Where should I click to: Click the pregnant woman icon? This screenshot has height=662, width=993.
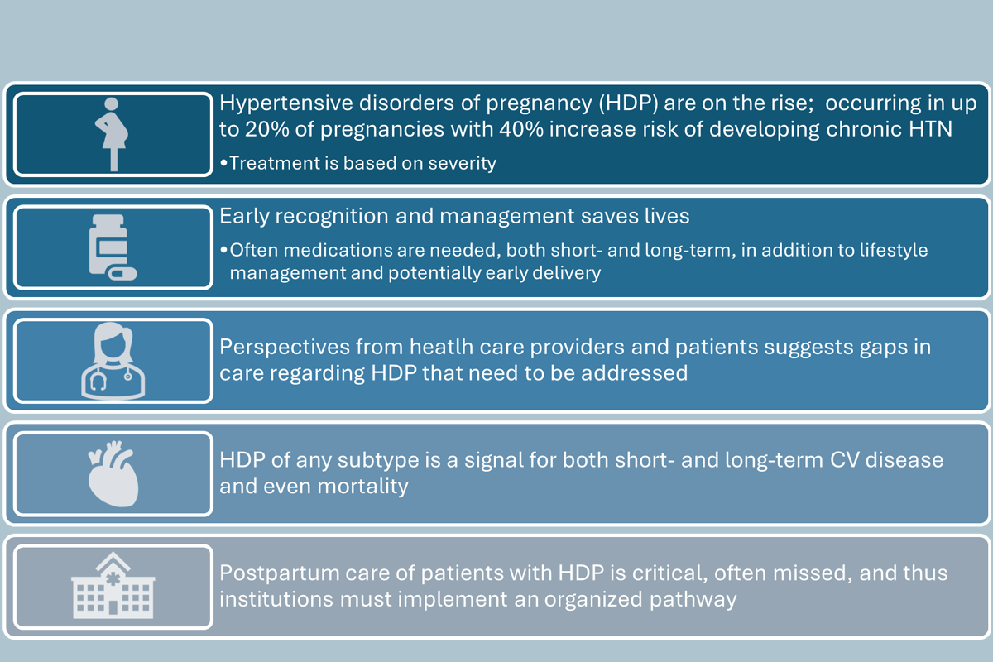[112, 134]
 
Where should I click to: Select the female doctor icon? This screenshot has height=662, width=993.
[113, 361]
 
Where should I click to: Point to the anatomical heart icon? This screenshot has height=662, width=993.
[113, 473]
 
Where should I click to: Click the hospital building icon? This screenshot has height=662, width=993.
[113, 585]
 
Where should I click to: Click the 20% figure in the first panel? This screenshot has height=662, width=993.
[266, 129]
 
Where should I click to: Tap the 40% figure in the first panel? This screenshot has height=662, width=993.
[520, 129]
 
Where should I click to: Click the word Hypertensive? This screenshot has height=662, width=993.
[286, 103]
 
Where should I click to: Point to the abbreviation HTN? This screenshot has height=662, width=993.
[930, 129]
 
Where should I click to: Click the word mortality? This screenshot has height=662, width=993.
[362, 487]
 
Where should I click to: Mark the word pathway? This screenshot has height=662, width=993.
[693, 600]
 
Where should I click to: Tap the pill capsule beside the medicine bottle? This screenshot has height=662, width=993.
[123, 274]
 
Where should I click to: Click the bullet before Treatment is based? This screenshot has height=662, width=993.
[224, 164]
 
